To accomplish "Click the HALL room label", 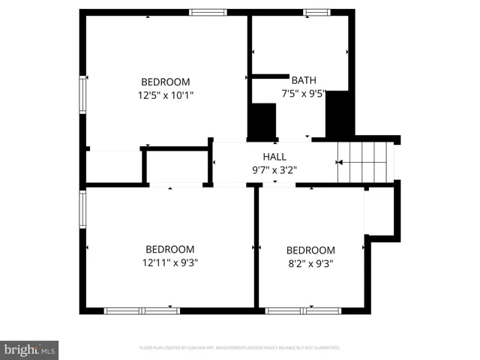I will (x=274, y=156).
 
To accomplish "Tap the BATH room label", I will (x=304, y=80).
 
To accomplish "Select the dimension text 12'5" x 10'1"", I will (x=166, y=95).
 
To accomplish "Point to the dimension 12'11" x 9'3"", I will (x=171, y=262).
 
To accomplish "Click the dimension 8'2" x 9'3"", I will (x=310, y=263).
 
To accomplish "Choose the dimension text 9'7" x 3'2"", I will (x=274, y=169).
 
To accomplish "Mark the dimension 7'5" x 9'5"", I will (x=304, y=94).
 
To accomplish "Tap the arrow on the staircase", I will (x=340, y=162).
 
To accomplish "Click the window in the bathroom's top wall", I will (x=316, y=12).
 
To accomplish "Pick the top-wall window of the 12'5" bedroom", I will (x=208, y=12).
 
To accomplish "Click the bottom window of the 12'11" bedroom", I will (x=142, y=310).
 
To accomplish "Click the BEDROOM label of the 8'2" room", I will (x=310, y=250).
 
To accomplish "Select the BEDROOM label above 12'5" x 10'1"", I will (x=166, y=82).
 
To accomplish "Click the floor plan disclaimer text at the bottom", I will (x=240, y=348).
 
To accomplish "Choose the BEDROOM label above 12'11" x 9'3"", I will (x=170, y=249).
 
